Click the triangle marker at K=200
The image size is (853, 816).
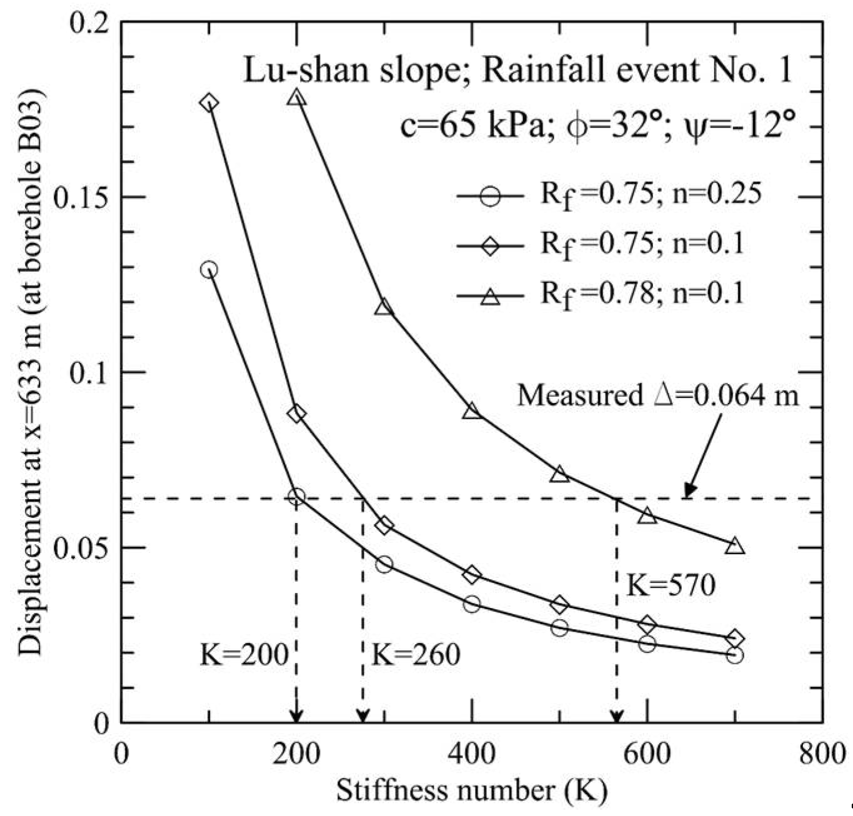297,97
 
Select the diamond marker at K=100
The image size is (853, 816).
209,103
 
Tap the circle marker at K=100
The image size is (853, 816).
209,270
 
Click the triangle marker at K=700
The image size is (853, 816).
736,545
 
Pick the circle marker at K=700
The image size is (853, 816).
736,655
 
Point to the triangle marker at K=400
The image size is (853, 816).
472,411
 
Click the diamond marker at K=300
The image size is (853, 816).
384,525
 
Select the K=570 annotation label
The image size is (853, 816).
671,587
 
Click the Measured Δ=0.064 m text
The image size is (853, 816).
658,396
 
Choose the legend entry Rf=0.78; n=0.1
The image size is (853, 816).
642,294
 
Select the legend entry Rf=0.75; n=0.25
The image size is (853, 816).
650,195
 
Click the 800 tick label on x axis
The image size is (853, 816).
822,754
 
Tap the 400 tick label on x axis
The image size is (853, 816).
472,754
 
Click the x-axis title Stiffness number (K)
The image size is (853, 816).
472,791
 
